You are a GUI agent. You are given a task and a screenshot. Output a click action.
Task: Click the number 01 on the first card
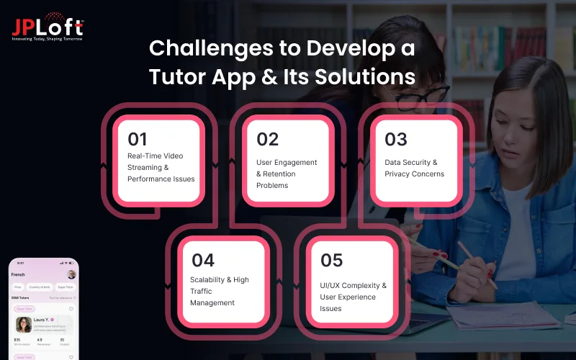tap(138, 139)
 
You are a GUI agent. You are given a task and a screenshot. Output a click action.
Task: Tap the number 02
tap(267, 139)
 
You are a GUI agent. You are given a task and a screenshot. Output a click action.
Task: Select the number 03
tap(396, 139)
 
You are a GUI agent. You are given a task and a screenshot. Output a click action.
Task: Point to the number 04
tap(202, 259)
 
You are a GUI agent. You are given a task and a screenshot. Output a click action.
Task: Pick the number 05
tap(332, 259)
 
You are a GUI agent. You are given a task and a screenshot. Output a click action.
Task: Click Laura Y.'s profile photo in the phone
tap(24, 325)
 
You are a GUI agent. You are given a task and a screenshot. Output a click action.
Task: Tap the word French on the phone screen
tap(19, 274)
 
